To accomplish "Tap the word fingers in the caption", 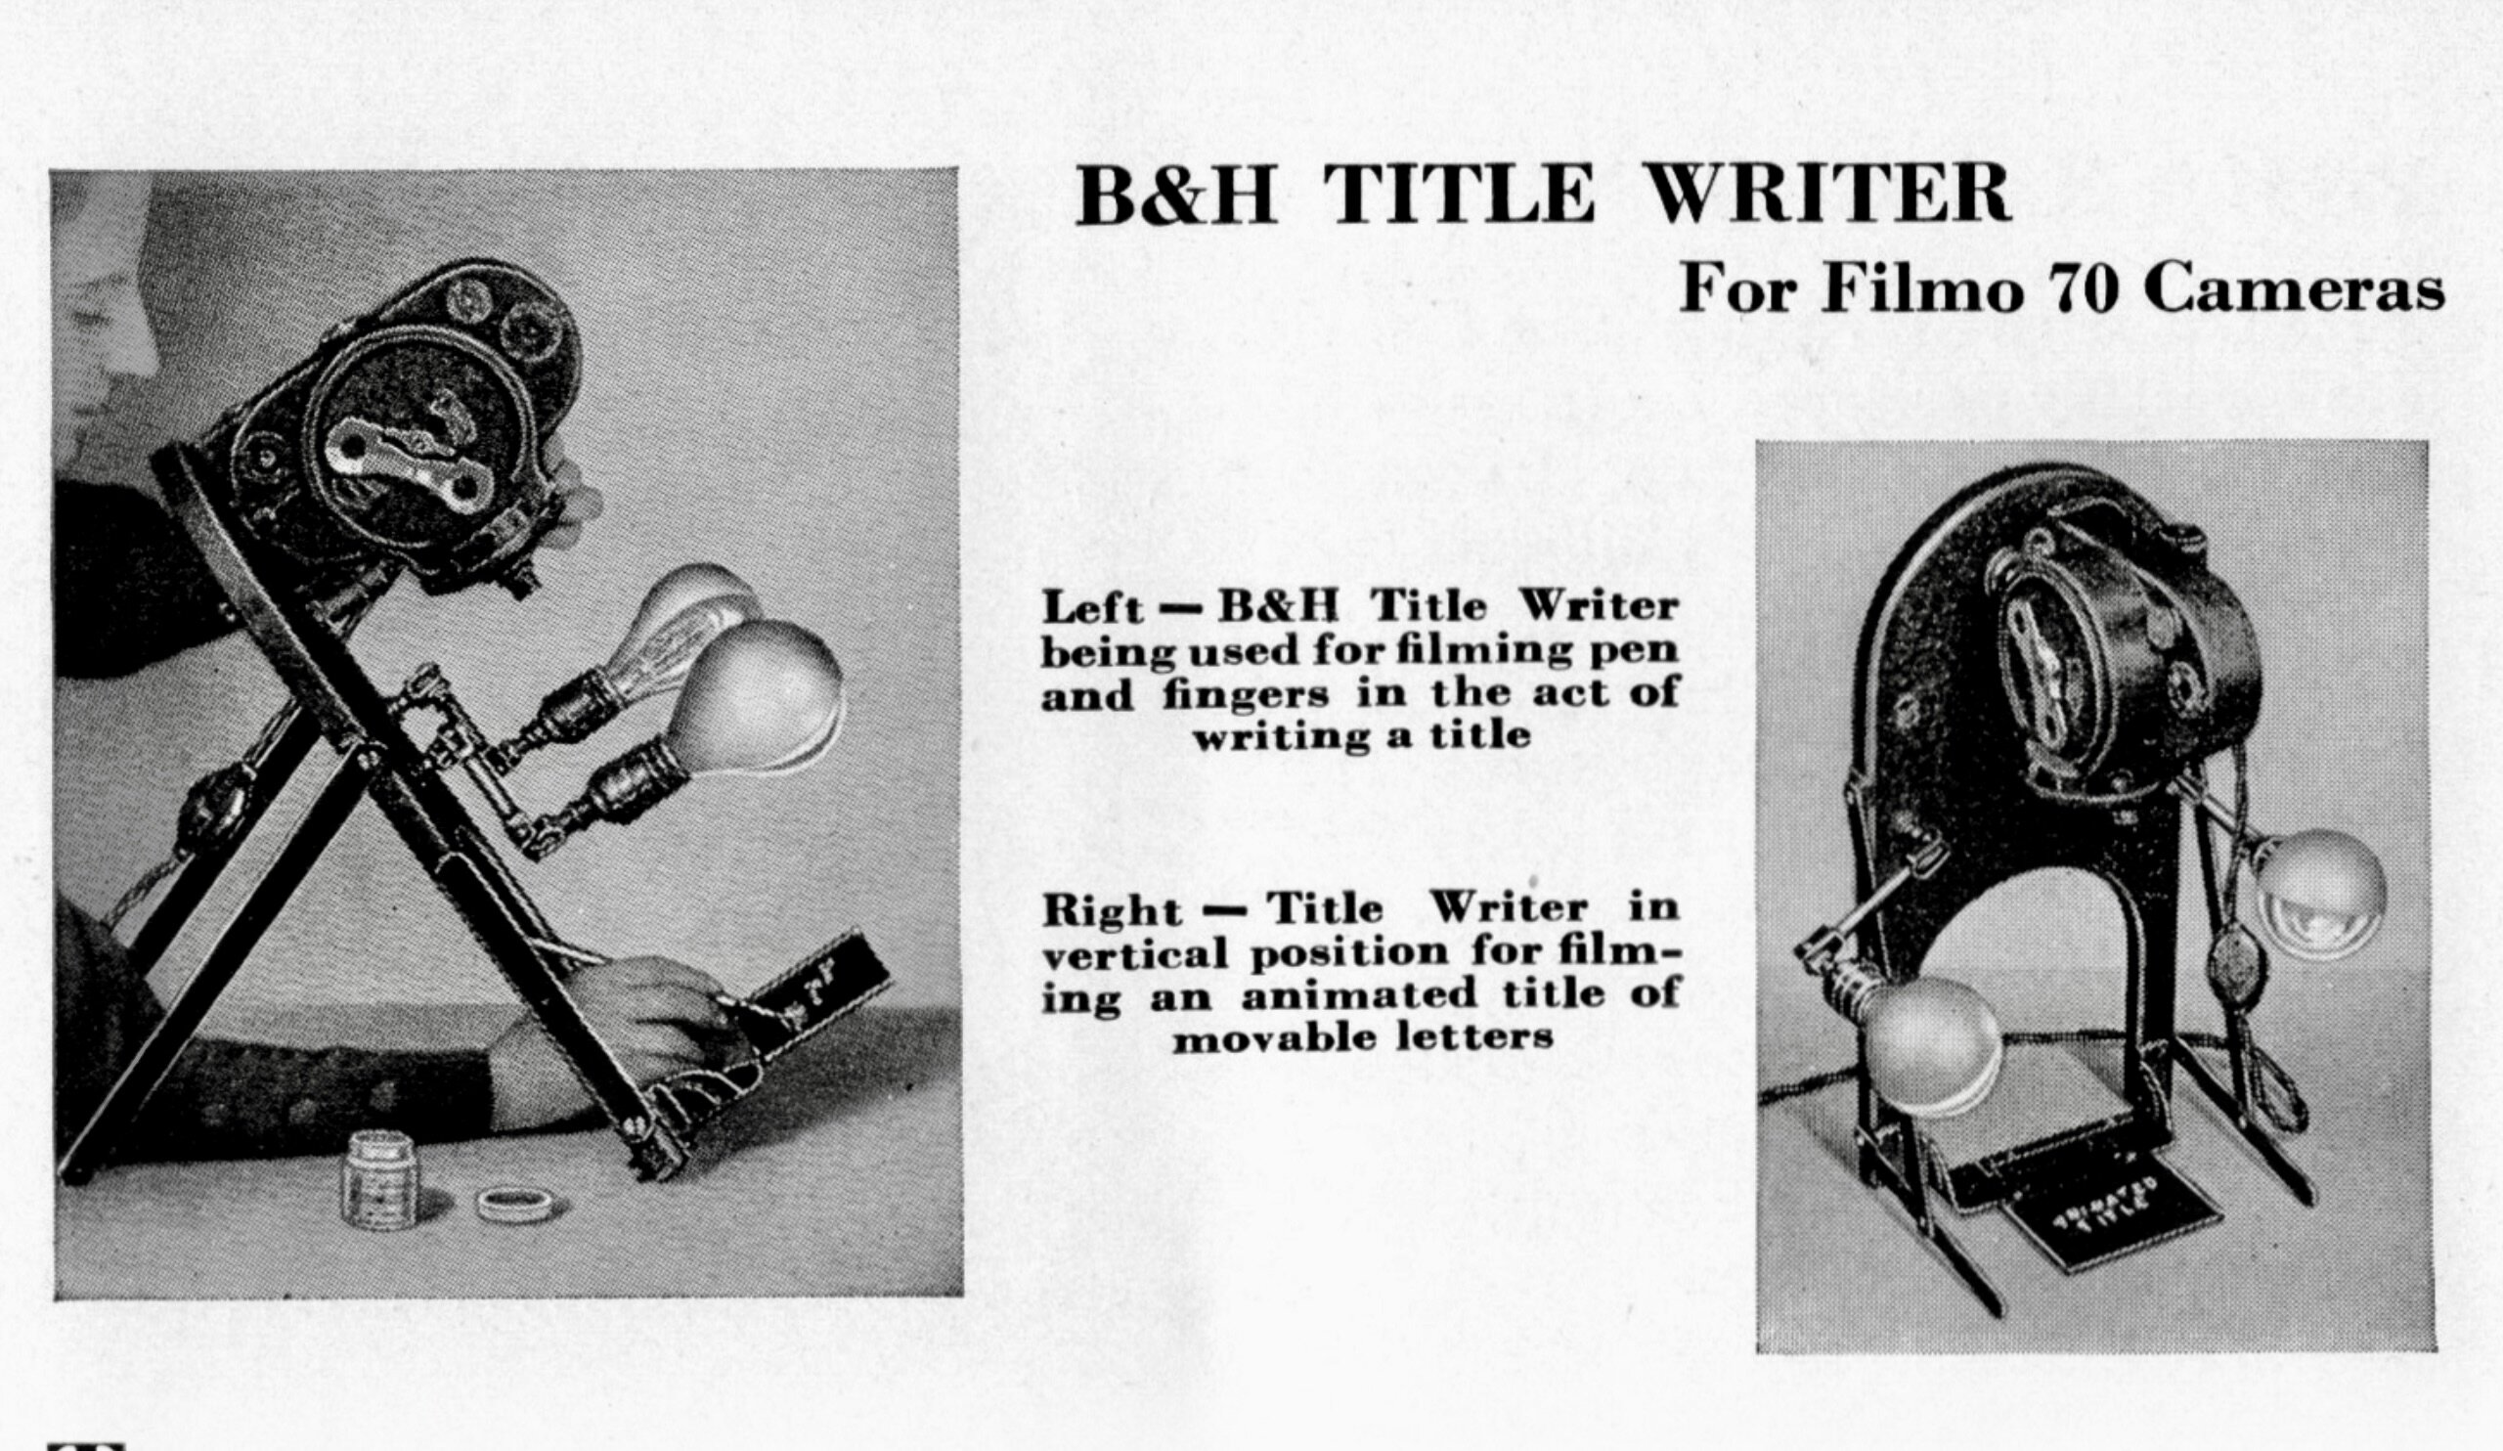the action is pos(1245,695).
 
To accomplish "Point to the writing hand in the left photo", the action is pos(636,1023).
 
